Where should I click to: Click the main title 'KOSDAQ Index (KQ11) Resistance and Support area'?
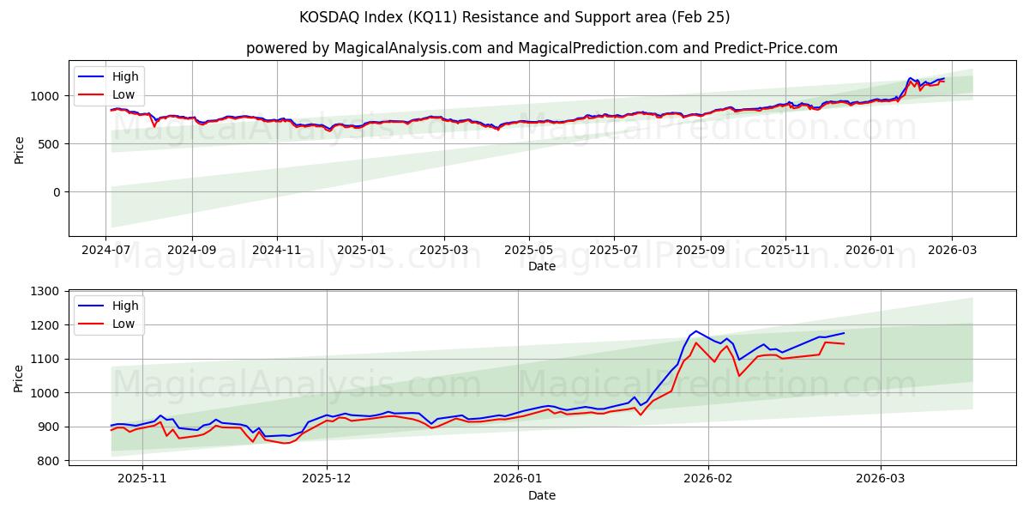[514, 17]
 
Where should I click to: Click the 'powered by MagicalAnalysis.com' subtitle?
[364, 48]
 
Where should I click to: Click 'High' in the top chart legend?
[124, 76]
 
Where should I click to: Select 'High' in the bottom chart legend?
[124, 305]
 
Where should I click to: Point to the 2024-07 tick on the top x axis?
[105, 249]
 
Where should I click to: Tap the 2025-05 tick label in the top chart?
[528, 249]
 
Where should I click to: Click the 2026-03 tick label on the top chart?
[954, 249]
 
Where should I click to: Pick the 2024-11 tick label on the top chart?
[277, 249]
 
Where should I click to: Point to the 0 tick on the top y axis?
[57, 192]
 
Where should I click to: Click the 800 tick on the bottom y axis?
[48, 461]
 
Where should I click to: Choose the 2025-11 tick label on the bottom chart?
[141, 478]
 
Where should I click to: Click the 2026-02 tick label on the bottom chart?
[708, 478]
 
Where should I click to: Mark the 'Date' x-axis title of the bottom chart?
[541, 495]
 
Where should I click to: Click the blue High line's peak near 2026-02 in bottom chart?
[695, 330]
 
